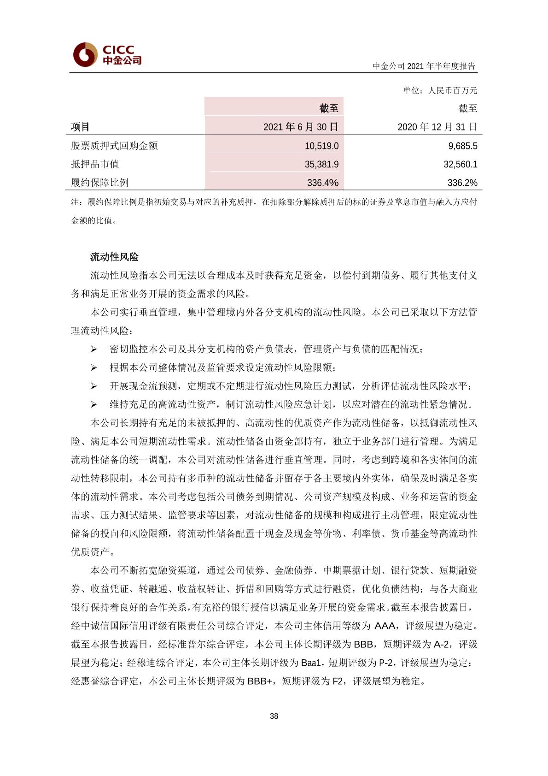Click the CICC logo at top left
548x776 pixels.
point(107,54)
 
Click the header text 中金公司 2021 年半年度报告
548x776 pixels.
point(424,66)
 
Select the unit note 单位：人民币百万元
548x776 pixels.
point(440,90)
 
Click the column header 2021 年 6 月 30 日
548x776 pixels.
point(300,127)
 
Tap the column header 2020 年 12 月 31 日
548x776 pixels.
point(437,127)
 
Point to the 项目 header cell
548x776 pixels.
point(80,127)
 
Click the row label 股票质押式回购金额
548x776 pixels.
point(114,146)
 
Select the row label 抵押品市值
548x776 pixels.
point(95,164)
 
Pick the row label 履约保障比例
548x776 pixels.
point(99,183)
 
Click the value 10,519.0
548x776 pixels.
point(321,146)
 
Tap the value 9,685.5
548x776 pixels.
point(462,146)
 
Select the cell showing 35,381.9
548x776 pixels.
point(321,164)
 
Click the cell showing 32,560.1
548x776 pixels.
point(460,164)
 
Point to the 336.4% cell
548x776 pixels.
point(322,183)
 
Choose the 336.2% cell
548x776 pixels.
point(462,183)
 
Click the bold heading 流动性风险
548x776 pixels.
point(114,257)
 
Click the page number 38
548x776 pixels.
point(274,716)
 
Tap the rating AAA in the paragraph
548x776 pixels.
point(385,626)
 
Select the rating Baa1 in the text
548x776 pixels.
point(311,663)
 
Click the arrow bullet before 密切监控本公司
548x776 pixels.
point(93,349)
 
